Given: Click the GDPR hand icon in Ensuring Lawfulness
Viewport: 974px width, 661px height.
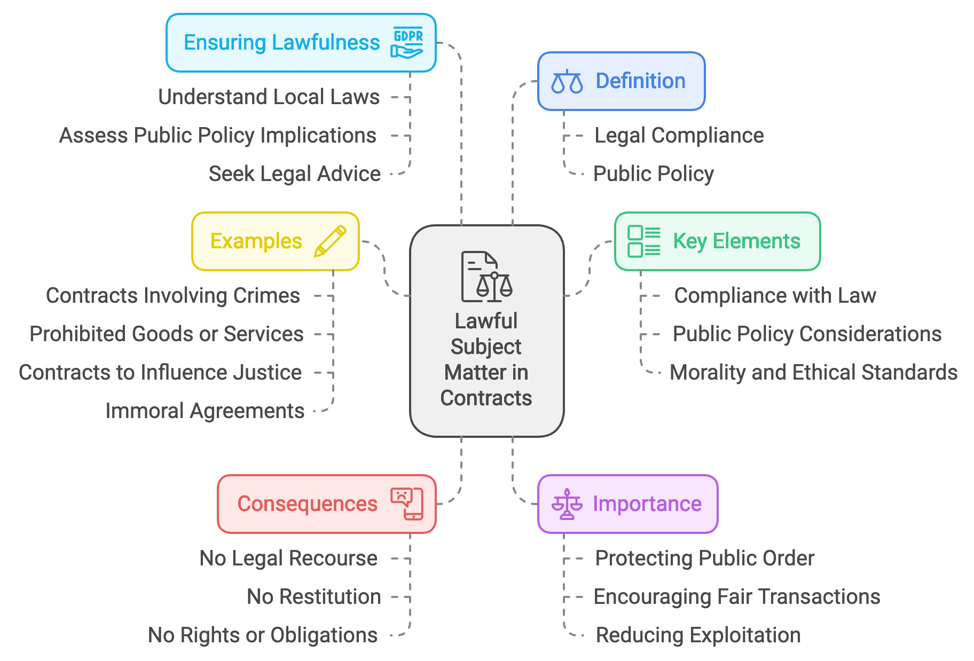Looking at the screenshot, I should point(407,43).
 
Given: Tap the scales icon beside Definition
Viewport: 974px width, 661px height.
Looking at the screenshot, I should point(567,82).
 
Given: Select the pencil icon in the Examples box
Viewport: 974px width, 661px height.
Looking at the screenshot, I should point(330,241).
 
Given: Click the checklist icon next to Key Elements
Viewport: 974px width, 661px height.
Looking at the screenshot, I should point(643,241).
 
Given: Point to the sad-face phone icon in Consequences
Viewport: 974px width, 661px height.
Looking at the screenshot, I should point(407,503).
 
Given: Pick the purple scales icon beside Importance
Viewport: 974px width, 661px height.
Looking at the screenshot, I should point(567,504).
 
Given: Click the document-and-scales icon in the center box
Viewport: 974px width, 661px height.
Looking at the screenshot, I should point(486,277).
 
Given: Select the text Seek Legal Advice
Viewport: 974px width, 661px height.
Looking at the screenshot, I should point(294,174).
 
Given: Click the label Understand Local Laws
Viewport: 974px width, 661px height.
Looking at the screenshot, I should point(269,97).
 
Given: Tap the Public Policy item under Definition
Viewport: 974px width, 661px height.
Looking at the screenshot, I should point(654,174).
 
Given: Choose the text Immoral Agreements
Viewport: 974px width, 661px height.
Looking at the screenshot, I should point(205,411).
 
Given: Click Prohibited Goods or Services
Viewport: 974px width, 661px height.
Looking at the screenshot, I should point(166,334).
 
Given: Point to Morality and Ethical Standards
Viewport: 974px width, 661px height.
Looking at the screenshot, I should point(813,373).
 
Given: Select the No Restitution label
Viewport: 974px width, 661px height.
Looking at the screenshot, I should point(313,597).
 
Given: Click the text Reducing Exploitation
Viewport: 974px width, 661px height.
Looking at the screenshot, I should point(698,635).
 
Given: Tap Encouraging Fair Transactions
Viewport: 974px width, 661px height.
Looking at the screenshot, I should point(736,597).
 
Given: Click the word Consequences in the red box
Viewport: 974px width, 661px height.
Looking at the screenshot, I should point(307,504).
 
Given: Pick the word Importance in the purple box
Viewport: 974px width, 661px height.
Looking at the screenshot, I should point(647,504).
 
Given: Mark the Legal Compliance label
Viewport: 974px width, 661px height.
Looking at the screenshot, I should point(679,136).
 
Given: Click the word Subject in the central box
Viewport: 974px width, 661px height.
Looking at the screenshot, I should point(486,347).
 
